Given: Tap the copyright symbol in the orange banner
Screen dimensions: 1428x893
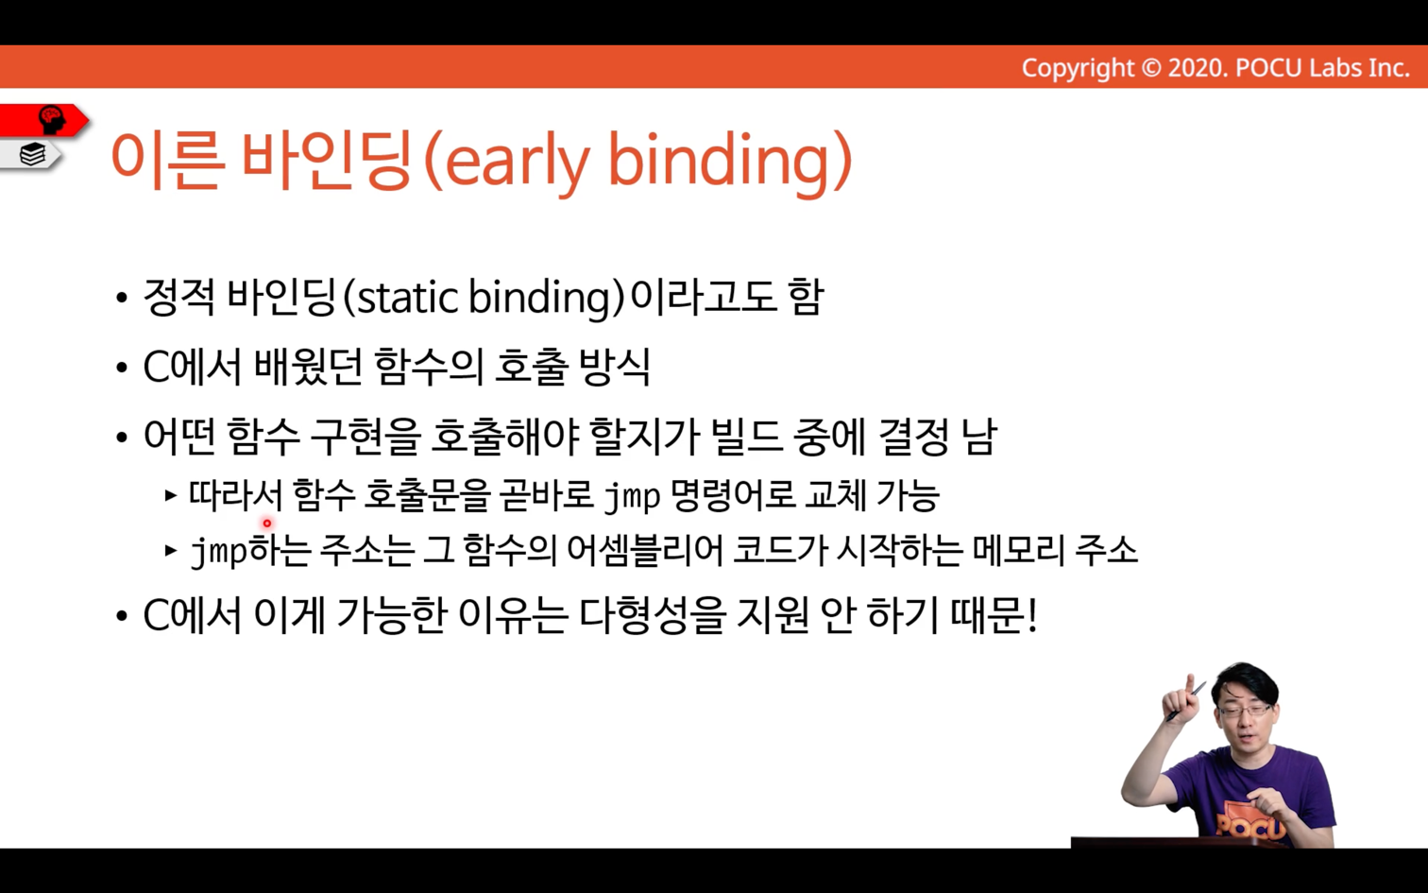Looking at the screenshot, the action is (1151, 68).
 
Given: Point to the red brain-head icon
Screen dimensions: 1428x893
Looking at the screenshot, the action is (51, 120).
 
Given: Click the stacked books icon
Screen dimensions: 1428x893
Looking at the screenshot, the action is (32, 154).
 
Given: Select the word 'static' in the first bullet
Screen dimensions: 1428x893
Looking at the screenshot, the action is (407, 299).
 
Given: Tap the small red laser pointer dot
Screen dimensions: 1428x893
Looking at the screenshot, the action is (267, 524).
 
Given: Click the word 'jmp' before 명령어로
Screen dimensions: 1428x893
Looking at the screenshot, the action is (632, 497).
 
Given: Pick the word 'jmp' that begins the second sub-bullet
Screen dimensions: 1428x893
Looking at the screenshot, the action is (219, 553).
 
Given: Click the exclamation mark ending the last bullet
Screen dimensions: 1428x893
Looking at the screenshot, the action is (1032, 615).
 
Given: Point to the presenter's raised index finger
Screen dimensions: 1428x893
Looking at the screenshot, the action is (1190, 684).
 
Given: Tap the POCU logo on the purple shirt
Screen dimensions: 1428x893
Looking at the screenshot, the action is (1250, 825).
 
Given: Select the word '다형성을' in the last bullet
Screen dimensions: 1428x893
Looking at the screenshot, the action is (653, 615).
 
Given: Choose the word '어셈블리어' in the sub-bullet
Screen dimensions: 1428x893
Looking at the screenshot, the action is (644, 551).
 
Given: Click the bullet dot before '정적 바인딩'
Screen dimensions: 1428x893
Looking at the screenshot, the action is (122, 299).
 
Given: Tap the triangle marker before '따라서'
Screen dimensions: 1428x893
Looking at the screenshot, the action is (170, 495).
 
